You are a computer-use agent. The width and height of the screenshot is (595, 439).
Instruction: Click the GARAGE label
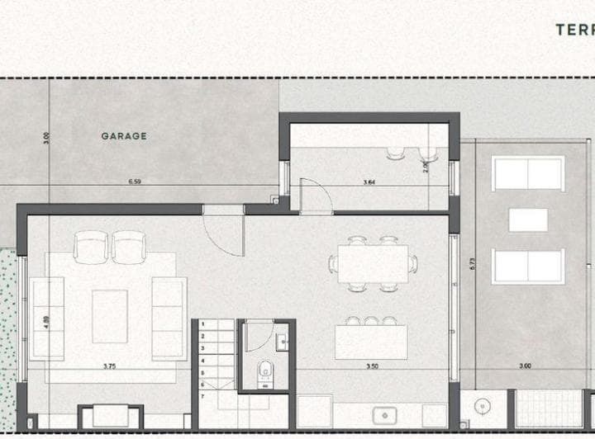pos(124,136)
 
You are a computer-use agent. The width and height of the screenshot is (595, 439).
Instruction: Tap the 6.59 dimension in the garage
pos(136,181)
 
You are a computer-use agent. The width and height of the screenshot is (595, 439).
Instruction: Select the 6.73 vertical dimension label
pos(472,264)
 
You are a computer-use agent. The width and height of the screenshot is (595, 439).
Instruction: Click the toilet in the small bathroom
pos(265,372)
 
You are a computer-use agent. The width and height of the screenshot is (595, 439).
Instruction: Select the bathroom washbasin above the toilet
pos(282,340)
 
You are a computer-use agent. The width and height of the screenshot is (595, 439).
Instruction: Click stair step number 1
pos(202,325)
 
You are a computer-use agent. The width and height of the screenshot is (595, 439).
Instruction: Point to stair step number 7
pos(202,398)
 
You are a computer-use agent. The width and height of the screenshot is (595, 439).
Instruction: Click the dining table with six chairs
pos(373,263)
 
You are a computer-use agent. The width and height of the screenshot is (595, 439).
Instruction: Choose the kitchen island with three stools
pos(371,341)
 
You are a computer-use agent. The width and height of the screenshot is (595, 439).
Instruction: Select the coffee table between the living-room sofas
pos(109,316)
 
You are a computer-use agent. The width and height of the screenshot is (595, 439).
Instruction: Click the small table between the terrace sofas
pos(528,219)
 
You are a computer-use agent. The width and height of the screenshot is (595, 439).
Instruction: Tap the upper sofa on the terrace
pos(528,173)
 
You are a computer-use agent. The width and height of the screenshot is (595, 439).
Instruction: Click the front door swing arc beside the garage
pos(225,235)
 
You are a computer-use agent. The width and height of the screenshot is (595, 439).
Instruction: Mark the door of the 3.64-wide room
pos(315,195)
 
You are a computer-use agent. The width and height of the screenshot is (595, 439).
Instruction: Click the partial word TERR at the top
pos(574,30)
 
